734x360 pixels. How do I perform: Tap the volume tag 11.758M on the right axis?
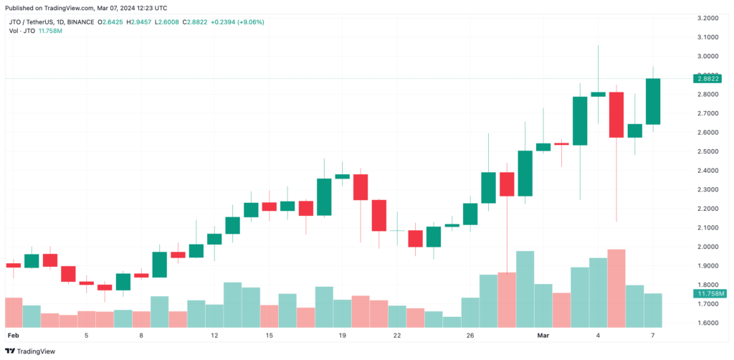tap(710, 294)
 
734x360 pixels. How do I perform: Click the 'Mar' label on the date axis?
tap(543, 336)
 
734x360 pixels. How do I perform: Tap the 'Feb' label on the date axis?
tap(12, 336)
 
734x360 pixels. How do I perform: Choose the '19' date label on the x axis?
tap(343, 336)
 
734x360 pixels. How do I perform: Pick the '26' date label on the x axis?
tap(470, 336)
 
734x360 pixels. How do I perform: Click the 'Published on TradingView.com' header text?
tap(65, 8)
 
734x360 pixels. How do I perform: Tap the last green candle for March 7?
tap(653, 101)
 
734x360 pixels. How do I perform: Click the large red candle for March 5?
tap(616, 115)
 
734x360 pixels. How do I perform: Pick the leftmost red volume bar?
tap(14, 312)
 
